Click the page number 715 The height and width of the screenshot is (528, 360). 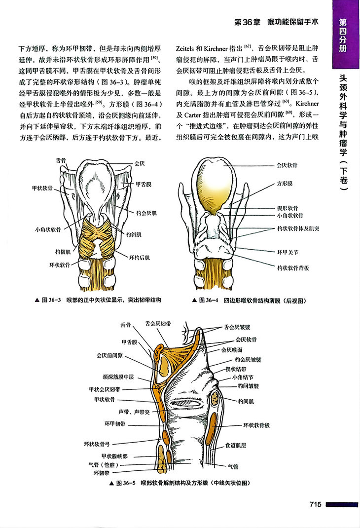coord(316,504)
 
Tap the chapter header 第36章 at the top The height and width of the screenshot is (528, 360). coord(246,23)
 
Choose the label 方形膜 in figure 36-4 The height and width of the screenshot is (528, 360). coord(285,183)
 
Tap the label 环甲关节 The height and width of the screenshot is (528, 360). coord(286,252)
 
